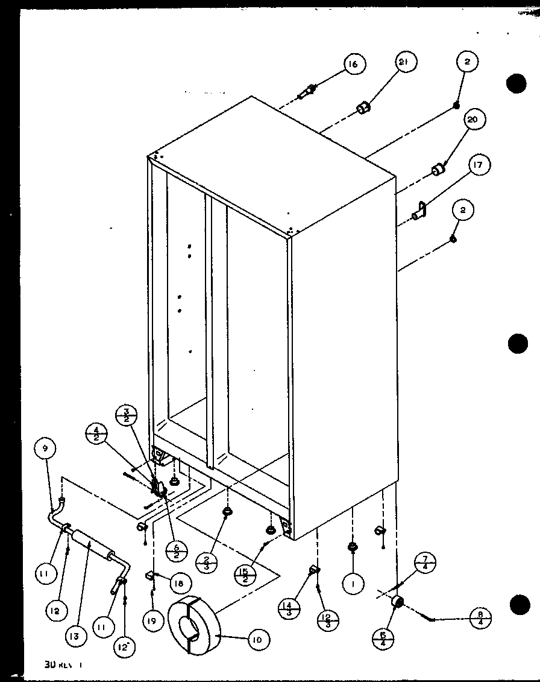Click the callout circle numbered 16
[355, 64]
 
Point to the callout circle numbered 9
[46, 448]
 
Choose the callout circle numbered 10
[257, 639]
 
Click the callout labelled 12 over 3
[329, 619]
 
